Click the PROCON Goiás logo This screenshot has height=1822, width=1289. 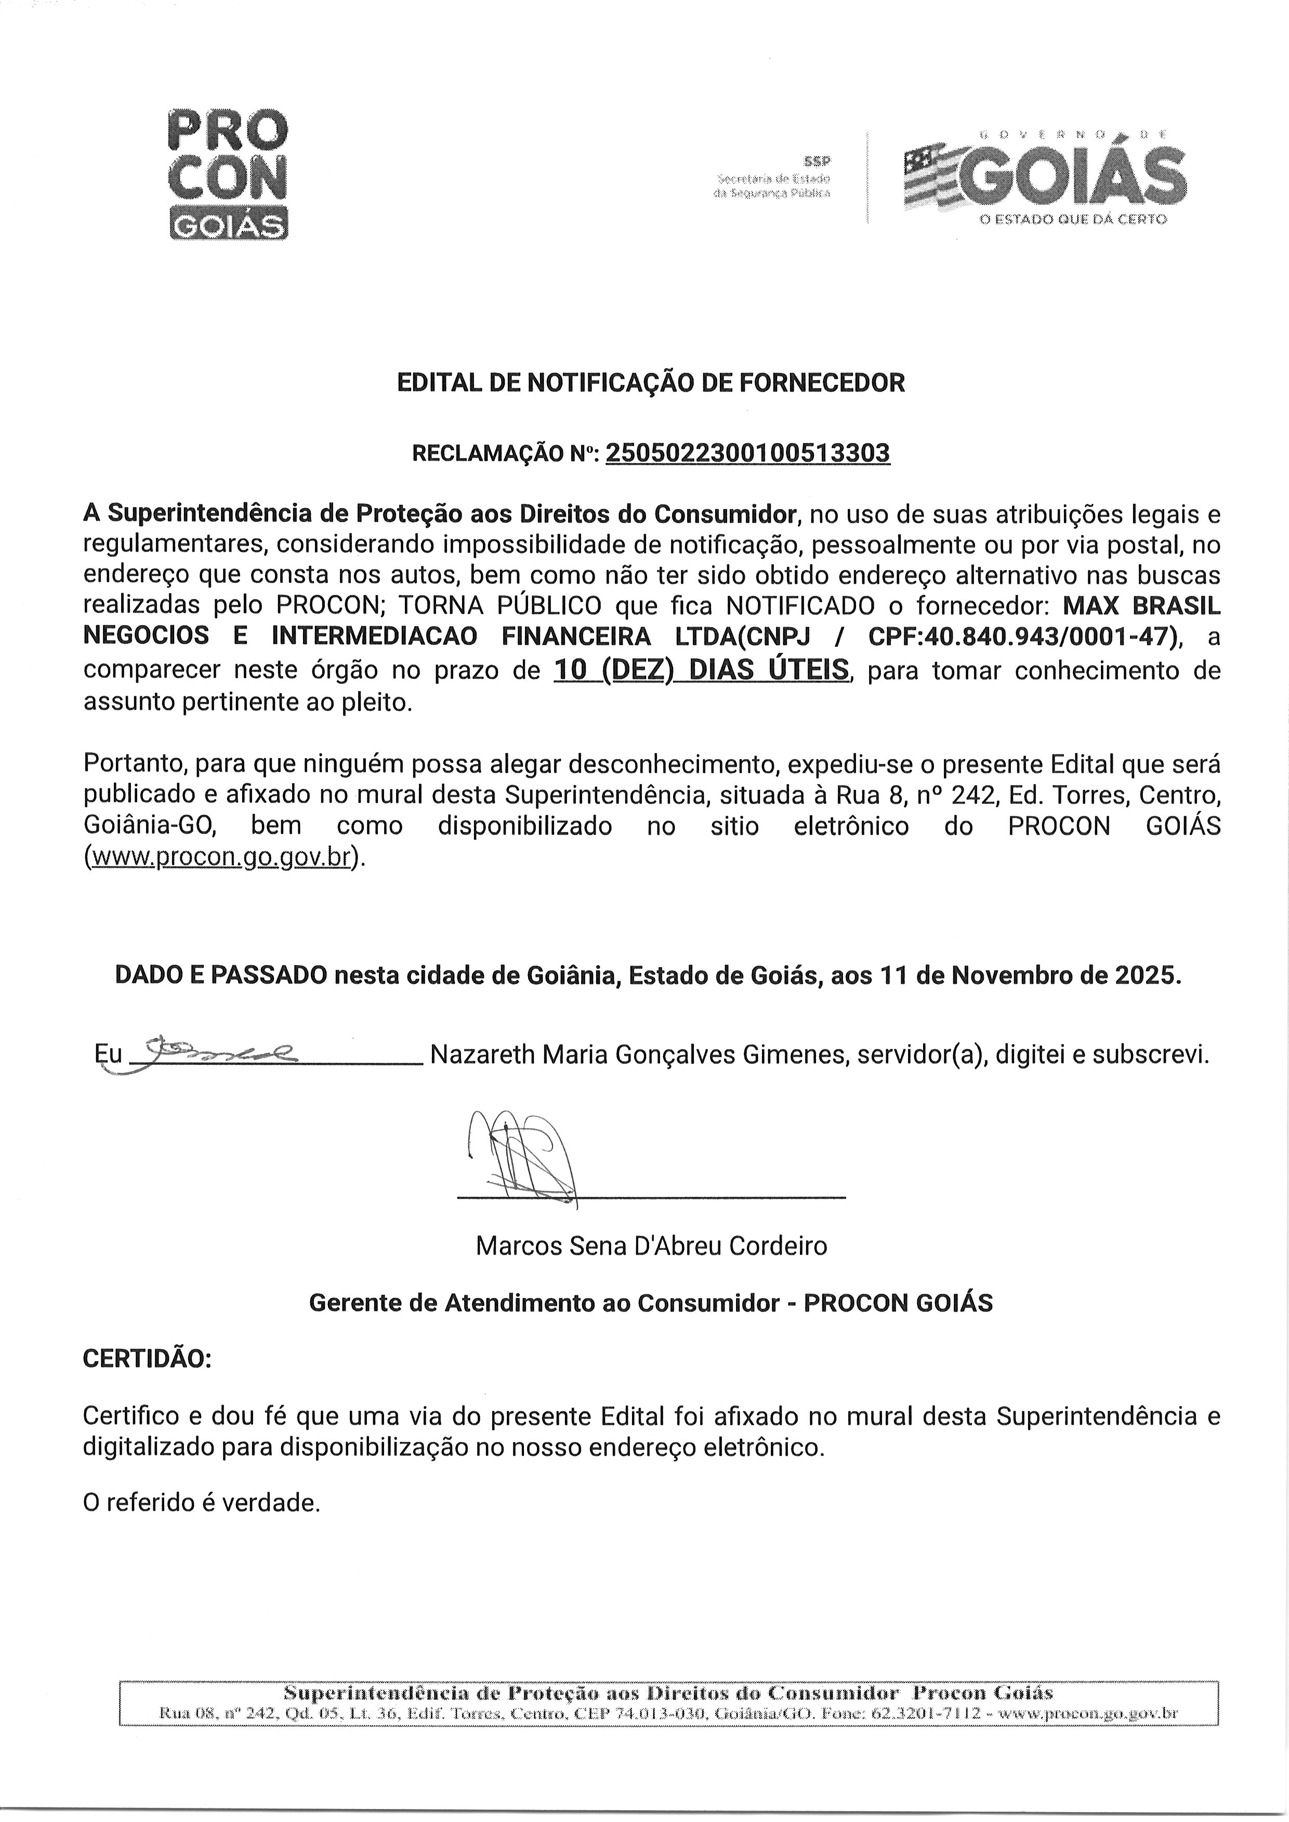[x=229, y=173]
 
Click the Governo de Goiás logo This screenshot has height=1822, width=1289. [x=1045, y=177]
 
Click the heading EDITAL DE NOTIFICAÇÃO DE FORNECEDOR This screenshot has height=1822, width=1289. [x=650, y=383]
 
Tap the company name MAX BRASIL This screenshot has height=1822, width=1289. [x=1140, y=606]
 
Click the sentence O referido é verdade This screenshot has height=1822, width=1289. [x=202, y=1503]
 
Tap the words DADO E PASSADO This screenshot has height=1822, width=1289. [x=221, y=975]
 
